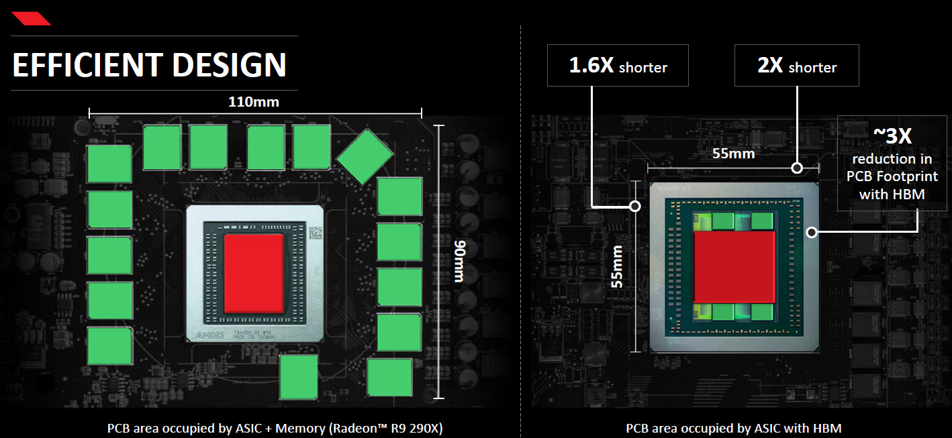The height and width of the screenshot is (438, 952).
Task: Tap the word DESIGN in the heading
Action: click(229, 65)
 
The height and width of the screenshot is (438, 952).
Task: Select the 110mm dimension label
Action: click(254, 102)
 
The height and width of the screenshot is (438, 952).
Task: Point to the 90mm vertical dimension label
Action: click(459, 261)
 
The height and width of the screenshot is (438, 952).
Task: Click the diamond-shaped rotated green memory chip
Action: click(365, 156)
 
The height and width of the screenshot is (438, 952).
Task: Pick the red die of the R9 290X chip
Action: click(254, 273)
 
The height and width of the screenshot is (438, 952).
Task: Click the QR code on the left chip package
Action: click(315, 234)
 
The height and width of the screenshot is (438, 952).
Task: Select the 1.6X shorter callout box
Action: click(618, 66)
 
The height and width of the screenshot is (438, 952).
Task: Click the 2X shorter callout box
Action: click(796, 66)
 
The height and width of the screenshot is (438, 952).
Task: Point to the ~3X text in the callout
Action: click(892, 137)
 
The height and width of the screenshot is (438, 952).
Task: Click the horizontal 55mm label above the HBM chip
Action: click(733, 154)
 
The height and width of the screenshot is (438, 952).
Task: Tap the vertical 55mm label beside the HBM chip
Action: click(617, 267)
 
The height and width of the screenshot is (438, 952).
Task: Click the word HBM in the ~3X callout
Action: click(910, 195)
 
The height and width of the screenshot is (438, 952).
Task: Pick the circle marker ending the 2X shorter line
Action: click(797, 167)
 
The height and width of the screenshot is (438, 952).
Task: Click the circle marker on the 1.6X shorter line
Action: click(635, 206)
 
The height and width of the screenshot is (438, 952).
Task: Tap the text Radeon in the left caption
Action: click(362, 428)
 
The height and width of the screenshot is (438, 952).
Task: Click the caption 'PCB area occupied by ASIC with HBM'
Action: click(733, 428)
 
